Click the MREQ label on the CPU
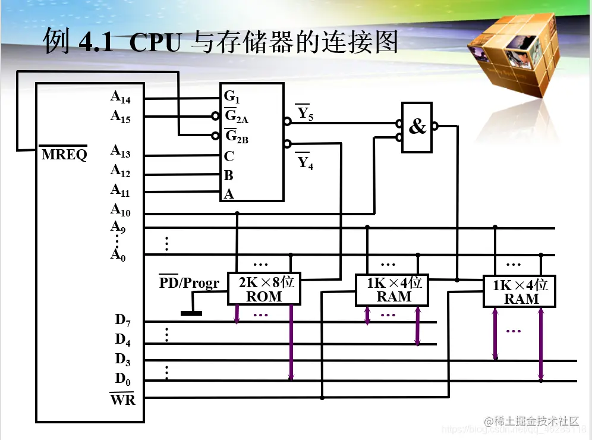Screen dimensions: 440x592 pos(64,155)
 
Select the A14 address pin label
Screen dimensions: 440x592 pos(120,98)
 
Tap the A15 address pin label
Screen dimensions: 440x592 pos(120,117)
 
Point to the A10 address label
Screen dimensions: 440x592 pos(120,210)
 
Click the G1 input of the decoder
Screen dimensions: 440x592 pos(232,96)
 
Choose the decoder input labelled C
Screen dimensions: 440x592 pos(229,156)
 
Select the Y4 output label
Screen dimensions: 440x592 pos(305,162)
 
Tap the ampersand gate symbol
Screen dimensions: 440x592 pos(418,127)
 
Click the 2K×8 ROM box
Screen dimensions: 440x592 pos(264,289)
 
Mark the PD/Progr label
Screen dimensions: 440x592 pos(189,283)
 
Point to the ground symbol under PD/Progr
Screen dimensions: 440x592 pos(191,312)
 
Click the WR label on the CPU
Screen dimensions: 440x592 pos(122,400)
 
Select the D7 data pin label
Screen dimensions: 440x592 pos(122,320)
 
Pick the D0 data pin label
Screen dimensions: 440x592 pos(122,379)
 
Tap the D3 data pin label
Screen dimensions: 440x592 pos(122,360)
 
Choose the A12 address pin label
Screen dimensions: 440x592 pos(120,171)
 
